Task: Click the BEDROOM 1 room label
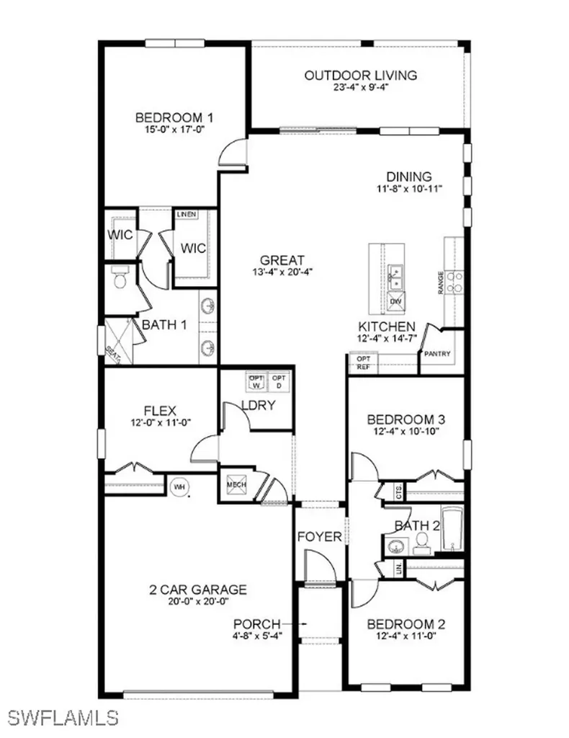pos(174,118)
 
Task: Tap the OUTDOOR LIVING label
pos(360,75)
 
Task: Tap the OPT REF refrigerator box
pos(363,363)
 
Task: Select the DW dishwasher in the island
pos(396,301)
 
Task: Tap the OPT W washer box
pos(256,381)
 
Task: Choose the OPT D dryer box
pos(279,381)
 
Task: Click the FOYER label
pos(320,536)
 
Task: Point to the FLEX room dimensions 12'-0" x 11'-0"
pos(160,423)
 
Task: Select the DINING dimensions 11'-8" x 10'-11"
pos(408,189)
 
